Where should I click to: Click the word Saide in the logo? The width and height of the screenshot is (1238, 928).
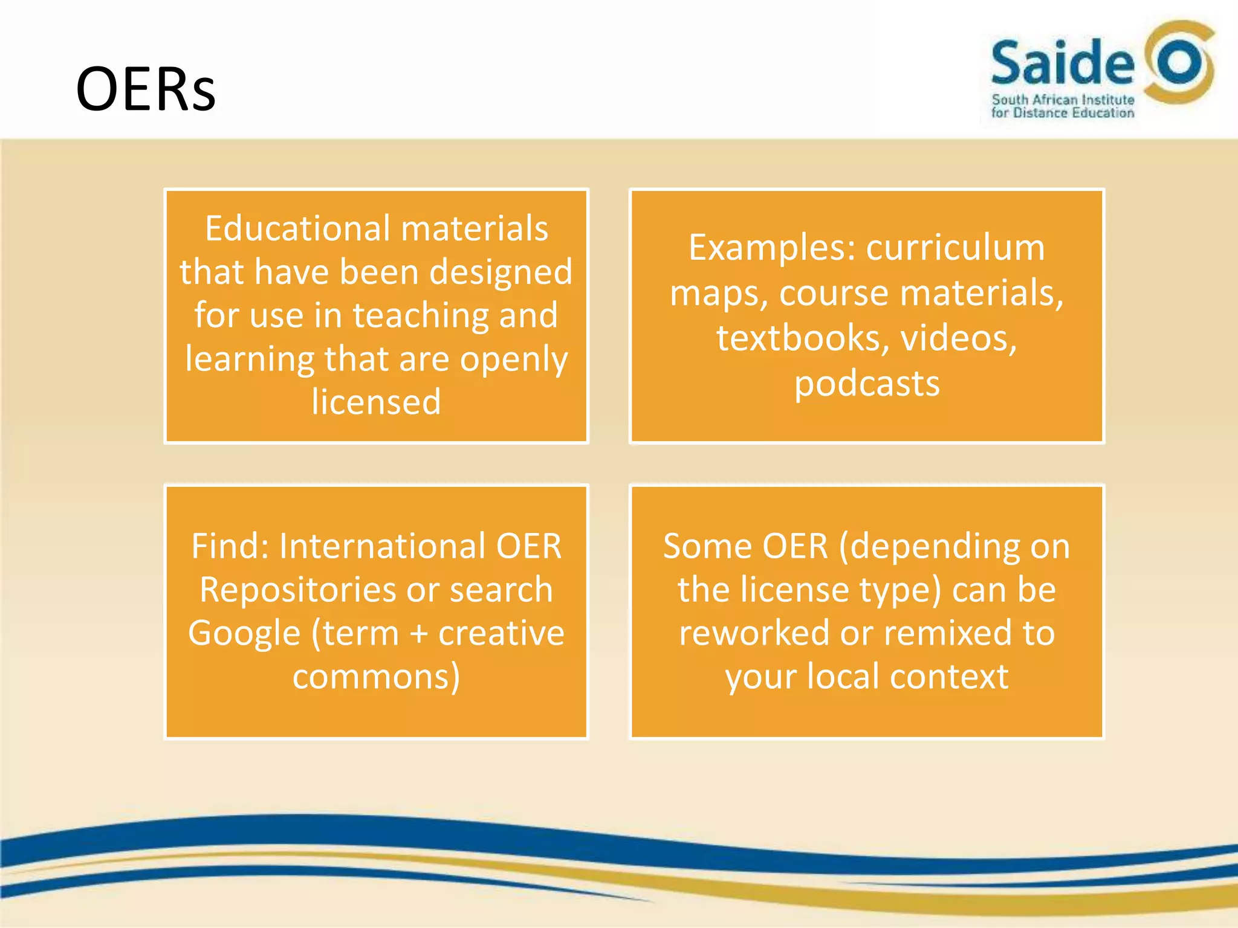pyautogui.click(x=1062, y=62)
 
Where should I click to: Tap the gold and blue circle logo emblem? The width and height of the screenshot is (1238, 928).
pyautogui.click(x=1179, y=63)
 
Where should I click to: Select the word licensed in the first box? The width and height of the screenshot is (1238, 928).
pyautogui.click(x=376, y=402)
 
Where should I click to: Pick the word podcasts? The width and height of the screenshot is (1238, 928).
pyautogui.click(x=867, y=384)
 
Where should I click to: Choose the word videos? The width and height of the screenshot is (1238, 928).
pyautogui.click(x=959, y=338)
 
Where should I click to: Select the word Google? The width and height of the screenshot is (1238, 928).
pyautogui.click(x=244, y=633)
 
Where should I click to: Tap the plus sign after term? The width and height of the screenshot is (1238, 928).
pyautogui.click(x=418, y=634)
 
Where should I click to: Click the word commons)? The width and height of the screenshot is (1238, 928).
pyautogui.click(x=376, y=677)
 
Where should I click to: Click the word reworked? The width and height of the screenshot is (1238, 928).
pyautogui.click(x=754, y=633)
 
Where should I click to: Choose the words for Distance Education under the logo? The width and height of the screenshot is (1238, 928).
pyautogui.click(x=1062, y=113)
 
